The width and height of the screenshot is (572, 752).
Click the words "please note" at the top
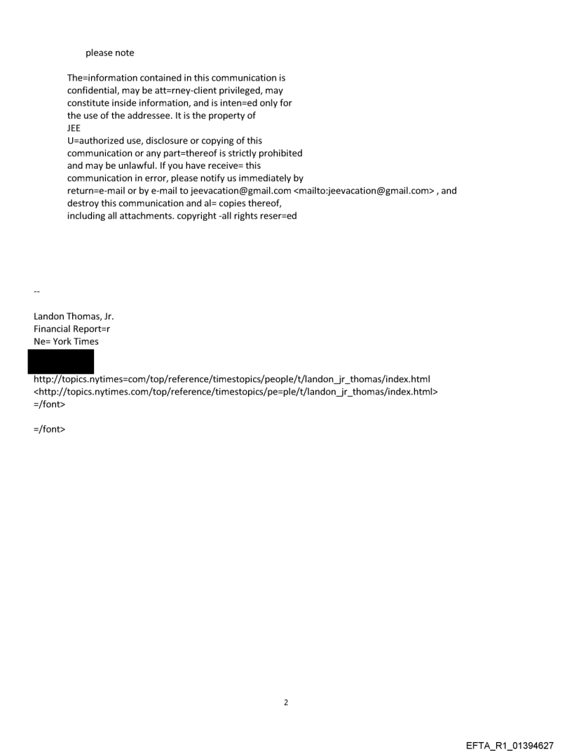[x=109, y=53]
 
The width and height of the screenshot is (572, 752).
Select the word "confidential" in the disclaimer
[x=92, y=90]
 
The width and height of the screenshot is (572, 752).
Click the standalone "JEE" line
[x=74, y=128]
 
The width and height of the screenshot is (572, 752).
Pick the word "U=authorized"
[x=95, y=141]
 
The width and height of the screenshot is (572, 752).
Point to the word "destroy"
[x=83, y=203]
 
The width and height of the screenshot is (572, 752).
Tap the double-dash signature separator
[x=36, y=291]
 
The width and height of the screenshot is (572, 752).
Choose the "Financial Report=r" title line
[x=71, y=329]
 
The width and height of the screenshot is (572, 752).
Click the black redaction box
[x=60, y=362]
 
